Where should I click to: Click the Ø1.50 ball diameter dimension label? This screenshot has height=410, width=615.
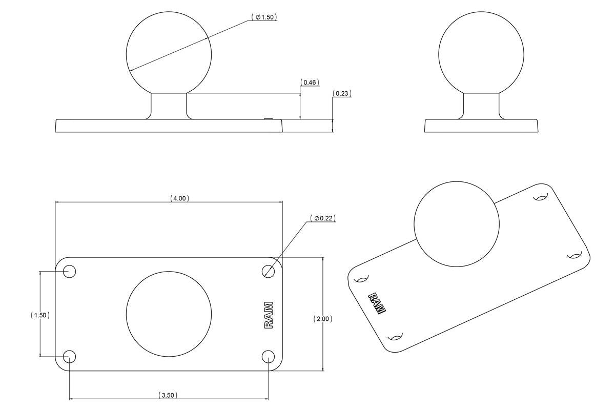[264, 17]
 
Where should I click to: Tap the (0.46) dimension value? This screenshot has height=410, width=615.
[310, 82]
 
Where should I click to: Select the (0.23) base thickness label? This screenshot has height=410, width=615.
[342, 93]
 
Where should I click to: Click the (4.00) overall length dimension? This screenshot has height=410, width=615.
[179, 198]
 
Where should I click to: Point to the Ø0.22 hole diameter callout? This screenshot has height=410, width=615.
[323, 218]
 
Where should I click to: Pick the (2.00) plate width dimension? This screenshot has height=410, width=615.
[323, 319]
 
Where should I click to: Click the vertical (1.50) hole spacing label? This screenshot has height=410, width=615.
[40, 315]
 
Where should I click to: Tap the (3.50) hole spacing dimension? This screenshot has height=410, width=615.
[169, 395]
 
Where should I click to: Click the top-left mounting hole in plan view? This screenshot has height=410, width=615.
[69, 271]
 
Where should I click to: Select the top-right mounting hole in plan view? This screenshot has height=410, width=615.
[268, 271]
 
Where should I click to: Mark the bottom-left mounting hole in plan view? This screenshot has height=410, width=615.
[69, 356]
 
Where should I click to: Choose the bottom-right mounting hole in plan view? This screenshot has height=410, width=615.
[268, 356]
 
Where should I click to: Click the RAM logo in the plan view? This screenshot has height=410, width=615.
[269, 315]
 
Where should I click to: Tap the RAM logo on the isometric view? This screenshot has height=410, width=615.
[377, 303]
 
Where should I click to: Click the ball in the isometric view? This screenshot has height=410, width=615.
[456, 223]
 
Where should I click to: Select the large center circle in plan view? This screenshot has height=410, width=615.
[169, 314]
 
